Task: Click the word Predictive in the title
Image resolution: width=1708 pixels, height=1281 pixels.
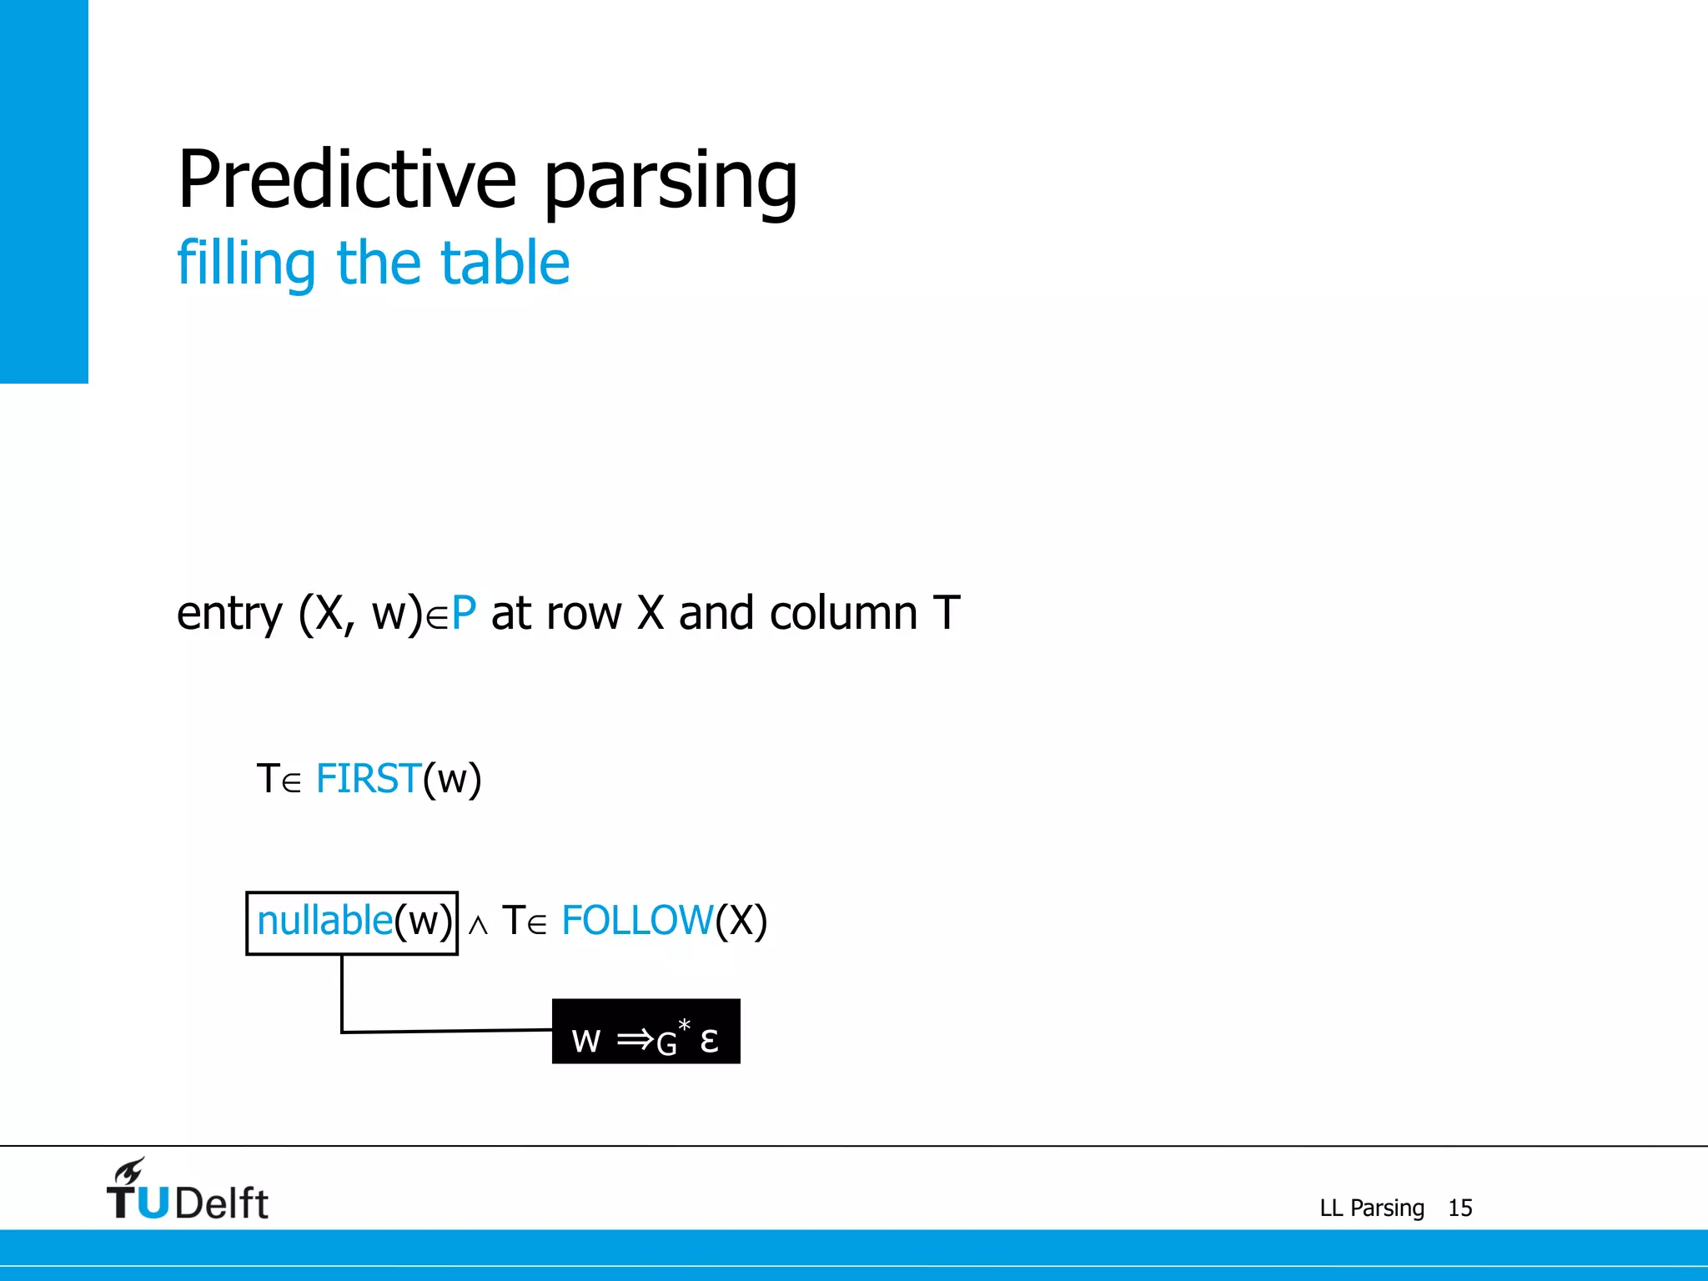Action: [x=347, y=179]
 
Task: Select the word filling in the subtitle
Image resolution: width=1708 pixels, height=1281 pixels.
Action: [x=247, y=264]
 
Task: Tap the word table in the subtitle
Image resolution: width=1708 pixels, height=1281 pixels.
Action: [x=505, y=264]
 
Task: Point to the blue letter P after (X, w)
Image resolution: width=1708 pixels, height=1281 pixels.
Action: [x=464, y=614]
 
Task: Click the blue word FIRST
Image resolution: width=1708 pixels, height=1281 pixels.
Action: [x=368, y=779]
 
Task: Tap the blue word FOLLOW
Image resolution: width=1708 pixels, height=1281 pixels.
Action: [x=637, y=922]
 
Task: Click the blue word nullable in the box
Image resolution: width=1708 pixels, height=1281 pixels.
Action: [x=324, y=922]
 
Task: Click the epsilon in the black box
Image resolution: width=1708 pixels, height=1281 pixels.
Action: [x=709, y=1040]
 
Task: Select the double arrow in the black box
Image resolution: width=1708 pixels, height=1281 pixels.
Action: [x=635, y=1039]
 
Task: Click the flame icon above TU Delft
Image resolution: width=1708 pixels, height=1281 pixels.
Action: [x=129, y=1170]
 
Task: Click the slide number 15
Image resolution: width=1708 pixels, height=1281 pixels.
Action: [x=1459, y=1208]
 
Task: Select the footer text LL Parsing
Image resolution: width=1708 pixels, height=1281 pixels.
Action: [x=1371, y=1208]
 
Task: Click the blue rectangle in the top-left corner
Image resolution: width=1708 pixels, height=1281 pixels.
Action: [x=43, y=191]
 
